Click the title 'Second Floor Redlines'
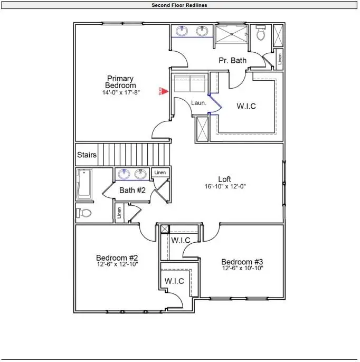(x=179, y=5)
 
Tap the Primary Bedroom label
(x=120, y=82)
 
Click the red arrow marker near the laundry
(x=164, y=91)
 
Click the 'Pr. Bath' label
(x=232, y=60)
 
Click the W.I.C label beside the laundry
(x=246, y=106)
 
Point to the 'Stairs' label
(x=87, y=155)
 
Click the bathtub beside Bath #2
(x=84, y=184)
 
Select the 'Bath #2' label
(x=132, y=190)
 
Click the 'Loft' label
(x=225, y=179)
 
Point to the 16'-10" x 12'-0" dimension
(x=225, y=187)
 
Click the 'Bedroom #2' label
(x=117, y=258)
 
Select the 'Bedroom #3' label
(x=242, y=262)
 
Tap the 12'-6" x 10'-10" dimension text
(x=242, y=269)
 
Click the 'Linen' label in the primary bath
(x=279, y=59)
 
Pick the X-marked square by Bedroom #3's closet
(x=164, y=228)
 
